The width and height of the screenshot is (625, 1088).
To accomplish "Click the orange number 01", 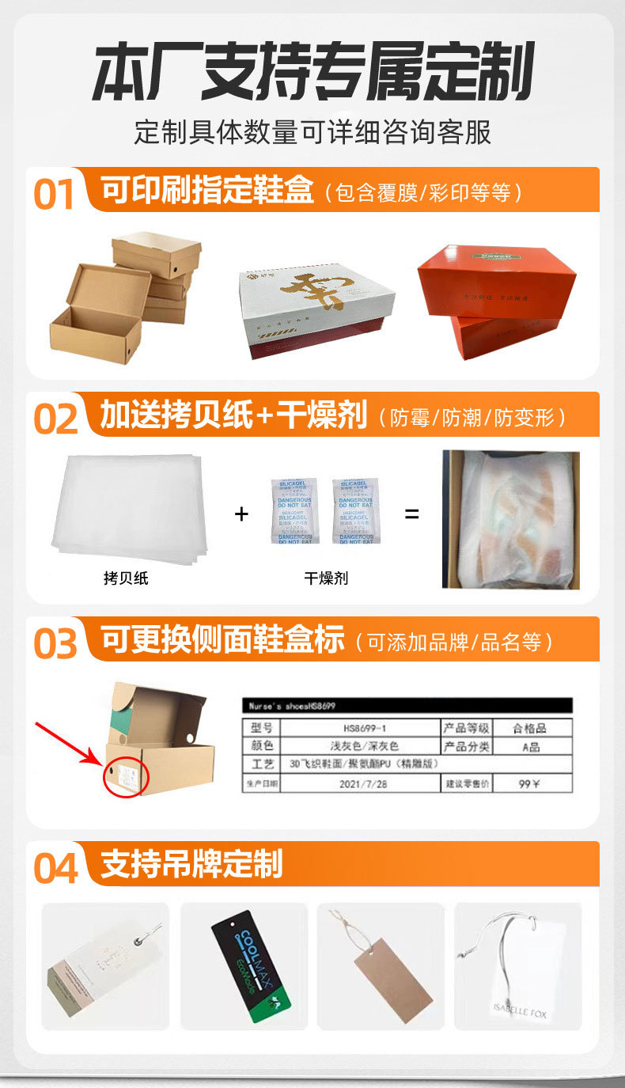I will [54, 194].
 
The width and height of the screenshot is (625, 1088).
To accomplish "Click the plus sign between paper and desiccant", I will [241, 514].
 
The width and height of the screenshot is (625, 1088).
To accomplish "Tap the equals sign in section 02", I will [411, 514].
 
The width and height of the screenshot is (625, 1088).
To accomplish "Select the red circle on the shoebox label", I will [126, 776].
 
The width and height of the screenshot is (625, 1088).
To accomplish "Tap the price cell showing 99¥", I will [530, 783].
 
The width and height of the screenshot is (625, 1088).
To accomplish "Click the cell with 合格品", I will [530, 728].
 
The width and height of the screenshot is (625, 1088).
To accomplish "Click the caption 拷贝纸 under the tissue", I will [126, 578].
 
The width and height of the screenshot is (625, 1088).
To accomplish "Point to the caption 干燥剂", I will [326, 578].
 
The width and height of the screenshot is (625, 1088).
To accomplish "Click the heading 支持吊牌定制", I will [191, 864].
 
